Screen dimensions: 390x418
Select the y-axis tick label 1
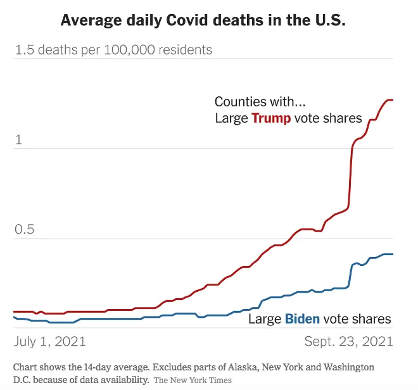click(x=18, y=140)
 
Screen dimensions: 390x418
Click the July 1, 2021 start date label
click(x=50, y=341)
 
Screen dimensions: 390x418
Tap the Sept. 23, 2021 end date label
click(x=349, y=341)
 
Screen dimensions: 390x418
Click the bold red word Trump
click(x=271, y=118)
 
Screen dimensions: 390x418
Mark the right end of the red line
click(x=393, y=100)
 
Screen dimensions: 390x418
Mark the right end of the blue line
click(x=393, y=255)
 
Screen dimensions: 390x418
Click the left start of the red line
click(x=15, y=311)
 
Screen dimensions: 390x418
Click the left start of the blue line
click(x=15, y=317)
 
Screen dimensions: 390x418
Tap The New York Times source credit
click(x=193, y=380)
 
